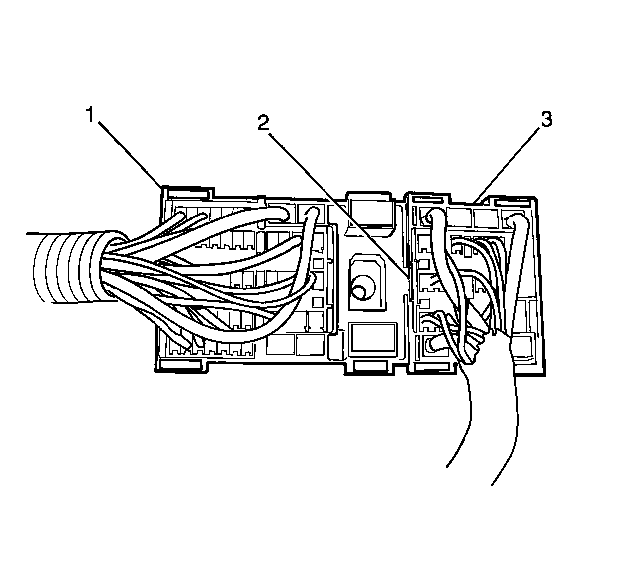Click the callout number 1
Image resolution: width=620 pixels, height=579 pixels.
coord(90,115)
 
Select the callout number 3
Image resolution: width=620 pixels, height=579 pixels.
coord(545,120)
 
